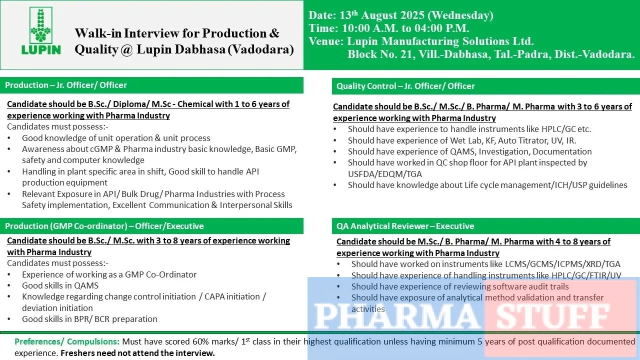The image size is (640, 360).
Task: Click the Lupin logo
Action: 41,31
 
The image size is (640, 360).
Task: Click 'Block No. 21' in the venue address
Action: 380,54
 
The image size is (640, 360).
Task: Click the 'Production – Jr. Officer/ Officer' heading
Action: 66,85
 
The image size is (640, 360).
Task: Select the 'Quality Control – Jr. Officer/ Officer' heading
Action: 405,86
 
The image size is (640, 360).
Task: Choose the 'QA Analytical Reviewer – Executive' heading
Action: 405,226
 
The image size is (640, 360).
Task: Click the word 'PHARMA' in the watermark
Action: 395,315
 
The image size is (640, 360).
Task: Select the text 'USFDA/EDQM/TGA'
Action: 384,173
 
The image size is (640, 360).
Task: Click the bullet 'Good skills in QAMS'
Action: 60,285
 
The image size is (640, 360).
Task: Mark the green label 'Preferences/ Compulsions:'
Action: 67,342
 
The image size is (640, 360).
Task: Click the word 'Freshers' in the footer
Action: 77,353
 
